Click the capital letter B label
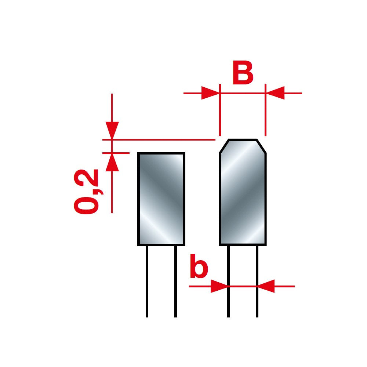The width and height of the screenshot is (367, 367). click(x=243, y=73)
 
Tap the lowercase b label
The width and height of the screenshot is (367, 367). click(x=199, y=266)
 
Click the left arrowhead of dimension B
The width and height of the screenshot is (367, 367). click(x=210, y=93)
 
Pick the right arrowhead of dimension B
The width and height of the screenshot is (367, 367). click(x=275, y=93)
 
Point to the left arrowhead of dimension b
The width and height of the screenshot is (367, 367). click(x=219, y=286)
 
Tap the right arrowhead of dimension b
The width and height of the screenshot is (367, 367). click(x=266, y=286)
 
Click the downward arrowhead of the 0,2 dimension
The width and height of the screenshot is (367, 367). click(x=112, y=131)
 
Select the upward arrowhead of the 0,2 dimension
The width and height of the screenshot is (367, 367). click(x=112, y=162)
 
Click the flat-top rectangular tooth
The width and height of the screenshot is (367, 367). click(x=161, y=199)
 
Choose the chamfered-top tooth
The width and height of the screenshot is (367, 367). click(x=243, y=192)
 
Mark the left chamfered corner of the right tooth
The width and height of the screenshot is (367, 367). click(x=224, y=146)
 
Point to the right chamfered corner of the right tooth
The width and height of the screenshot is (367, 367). click(x=261, y=146)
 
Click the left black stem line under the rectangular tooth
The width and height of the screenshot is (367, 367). click(x=147, y=281)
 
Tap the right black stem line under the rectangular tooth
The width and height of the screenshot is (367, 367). click(x=175, y=281)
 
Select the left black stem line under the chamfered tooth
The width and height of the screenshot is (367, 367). click(x=228, y=281)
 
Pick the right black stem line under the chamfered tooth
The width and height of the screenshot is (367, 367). click(x=257, y=281)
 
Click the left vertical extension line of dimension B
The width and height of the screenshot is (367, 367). click(x=220, y=110)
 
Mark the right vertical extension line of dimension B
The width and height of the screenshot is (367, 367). click(x=265, y=110)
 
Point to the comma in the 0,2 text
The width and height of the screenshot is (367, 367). click(x=98, y=190)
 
